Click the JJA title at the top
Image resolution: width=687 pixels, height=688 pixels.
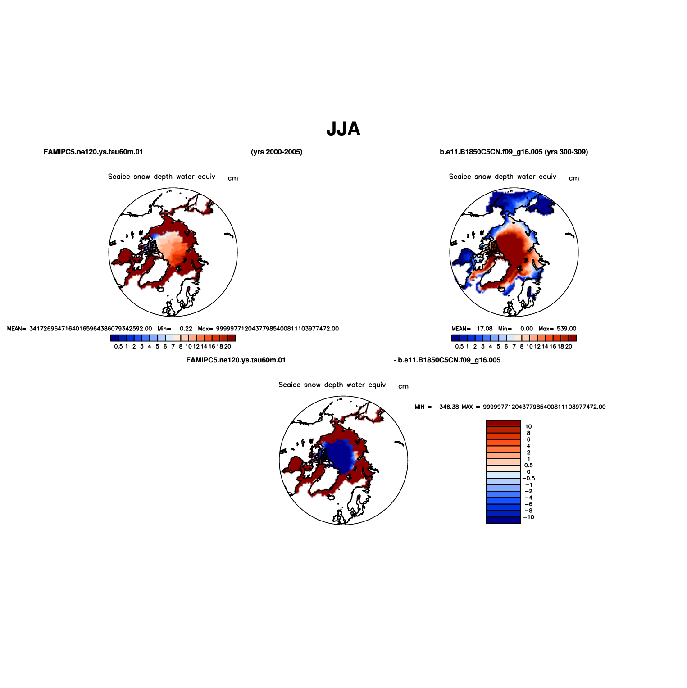point(343,129)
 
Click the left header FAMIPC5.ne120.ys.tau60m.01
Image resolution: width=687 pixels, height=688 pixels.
point(93,152)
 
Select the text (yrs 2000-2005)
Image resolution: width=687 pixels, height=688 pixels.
point(277,152)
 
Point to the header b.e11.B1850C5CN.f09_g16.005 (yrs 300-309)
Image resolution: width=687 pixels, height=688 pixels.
point(514,152)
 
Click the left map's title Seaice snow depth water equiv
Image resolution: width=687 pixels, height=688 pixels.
point(162,177)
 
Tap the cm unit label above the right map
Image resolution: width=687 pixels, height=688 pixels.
point(574,178)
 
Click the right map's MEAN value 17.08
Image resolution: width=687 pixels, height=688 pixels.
point(485,329)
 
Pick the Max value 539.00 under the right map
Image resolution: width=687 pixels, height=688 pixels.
point(566,329)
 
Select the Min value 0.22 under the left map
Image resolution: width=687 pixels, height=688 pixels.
point(186,329)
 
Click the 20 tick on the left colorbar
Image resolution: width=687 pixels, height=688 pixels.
point(227,346)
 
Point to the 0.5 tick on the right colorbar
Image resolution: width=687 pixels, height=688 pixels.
point(459,346)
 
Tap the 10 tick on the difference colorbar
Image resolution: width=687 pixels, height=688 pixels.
point(528,426)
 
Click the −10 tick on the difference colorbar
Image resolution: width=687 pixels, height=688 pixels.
point(528,517)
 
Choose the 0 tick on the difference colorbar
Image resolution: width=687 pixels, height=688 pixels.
point(528,472)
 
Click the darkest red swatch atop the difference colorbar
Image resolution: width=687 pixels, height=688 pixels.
point(503,423)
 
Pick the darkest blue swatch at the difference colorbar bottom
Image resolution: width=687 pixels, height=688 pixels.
point(503,520)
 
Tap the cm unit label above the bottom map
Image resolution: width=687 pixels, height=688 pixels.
point(403,386)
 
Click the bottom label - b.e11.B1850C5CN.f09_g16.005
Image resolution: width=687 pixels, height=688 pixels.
point(447,360)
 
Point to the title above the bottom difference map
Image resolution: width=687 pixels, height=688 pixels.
point(332,385)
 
